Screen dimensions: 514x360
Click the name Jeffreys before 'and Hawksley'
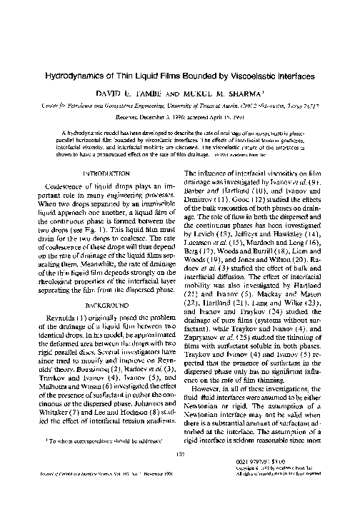(259, 286)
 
